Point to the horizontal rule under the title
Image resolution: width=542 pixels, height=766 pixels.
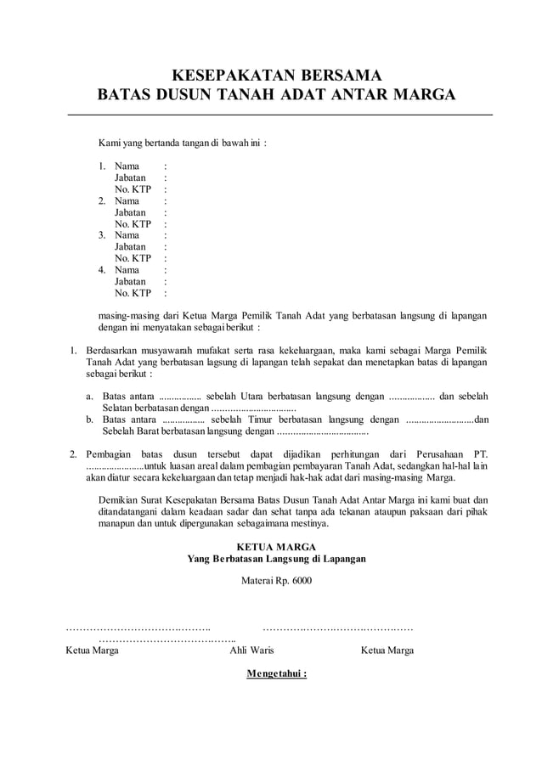coord(279,115)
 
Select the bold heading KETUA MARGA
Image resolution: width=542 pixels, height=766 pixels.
coord(276,546)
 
